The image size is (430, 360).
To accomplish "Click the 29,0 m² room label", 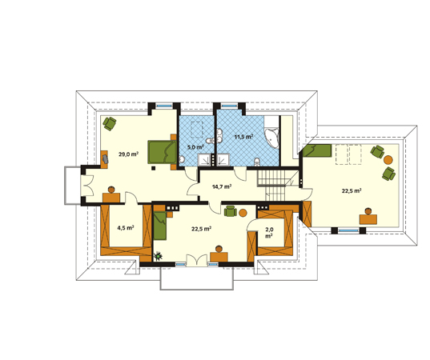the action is [128, 154].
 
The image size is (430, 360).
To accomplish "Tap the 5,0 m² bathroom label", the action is [195, 147].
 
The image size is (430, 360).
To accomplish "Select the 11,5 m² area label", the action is [243, 136].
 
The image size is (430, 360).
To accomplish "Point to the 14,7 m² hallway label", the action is [222, 187].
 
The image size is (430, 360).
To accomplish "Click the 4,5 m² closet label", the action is [126, 228].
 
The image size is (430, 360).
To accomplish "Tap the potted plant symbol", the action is [158, 256].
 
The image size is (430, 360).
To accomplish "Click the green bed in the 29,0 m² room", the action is [162, 152].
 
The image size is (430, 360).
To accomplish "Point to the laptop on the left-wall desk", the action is [106, 158].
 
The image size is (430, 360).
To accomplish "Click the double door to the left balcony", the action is [87, 186].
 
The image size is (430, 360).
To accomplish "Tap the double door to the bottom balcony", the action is [197, 260].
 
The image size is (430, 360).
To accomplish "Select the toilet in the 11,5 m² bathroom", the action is [257, 162].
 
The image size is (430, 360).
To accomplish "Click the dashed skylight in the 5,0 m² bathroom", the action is [197, 130].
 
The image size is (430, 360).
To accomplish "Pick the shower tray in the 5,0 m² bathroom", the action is [204, 160].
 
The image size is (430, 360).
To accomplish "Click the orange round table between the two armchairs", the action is [388, 160].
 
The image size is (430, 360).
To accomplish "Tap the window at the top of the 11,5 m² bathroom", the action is [229, 106].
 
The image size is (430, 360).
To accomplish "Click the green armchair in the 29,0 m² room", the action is [110, 123].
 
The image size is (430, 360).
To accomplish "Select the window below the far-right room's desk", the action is [348, 230].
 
